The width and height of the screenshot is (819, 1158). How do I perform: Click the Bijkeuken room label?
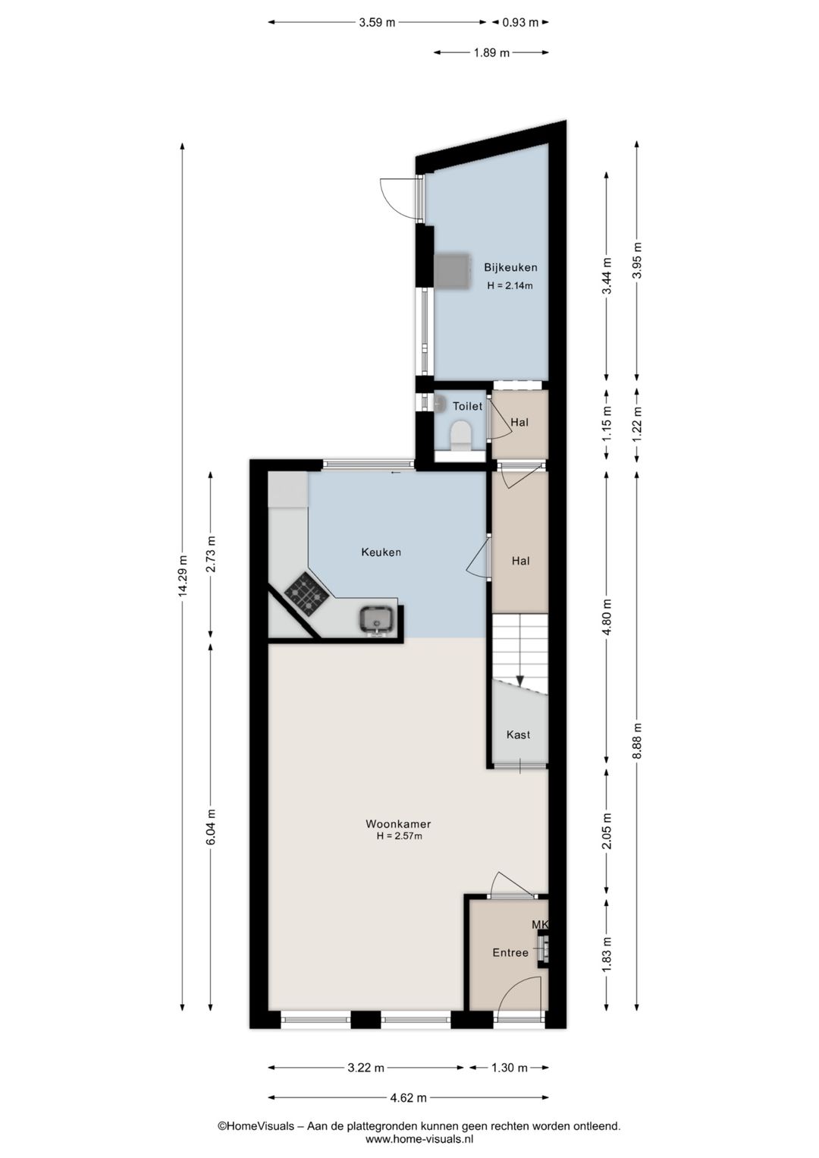[510, 267]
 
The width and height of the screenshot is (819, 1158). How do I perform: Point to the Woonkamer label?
[398, 824]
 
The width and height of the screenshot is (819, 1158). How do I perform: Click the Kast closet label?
[518, 735]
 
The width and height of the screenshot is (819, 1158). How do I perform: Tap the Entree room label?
[510, 953]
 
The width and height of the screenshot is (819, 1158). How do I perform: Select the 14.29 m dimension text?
[183, 576]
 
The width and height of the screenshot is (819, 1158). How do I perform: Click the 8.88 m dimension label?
[637, 741]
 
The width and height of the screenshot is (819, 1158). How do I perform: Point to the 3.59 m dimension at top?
[377, 22]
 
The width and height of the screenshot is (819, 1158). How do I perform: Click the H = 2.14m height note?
[510, 285]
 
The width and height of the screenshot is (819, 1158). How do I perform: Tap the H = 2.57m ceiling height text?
[399, 836]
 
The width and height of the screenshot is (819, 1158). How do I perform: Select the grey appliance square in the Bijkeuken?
[452, 271]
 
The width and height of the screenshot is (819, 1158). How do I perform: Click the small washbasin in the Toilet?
[441, 403]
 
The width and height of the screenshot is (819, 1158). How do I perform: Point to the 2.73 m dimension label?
[211, 555]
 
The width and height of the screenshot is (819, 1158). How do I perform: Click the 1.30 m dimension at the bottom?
[510, 1068]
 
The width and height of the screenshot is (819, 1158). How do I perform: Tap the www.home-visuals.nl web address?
[419, 1138]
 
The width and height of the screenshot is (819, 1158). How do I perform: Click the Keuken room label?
[381, 552]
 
